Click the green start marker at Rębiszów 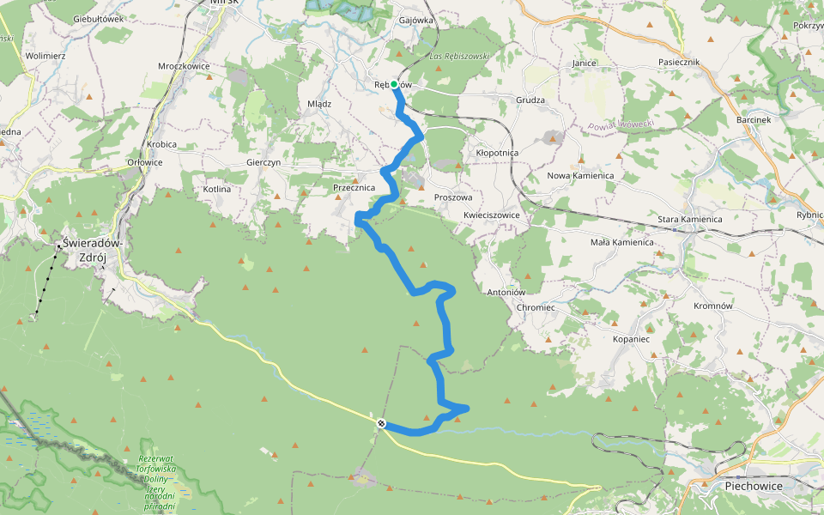(394, 85)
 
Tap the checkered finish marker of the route (380, 422)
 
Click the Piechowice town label (746, 485)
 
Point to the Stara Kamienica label (689, 220)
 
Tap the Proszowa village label (453, 197)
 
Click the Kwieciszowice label (491, 215)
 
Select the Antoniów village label (506, 293)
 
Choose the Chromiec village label (536, 307)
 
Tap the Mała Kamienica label (622, 242)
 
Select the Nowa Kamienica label (580, 176)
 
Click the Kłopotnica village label (497, 153)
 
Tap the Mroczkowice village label (184, 65)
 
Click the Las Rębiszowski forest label (458, 57)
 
